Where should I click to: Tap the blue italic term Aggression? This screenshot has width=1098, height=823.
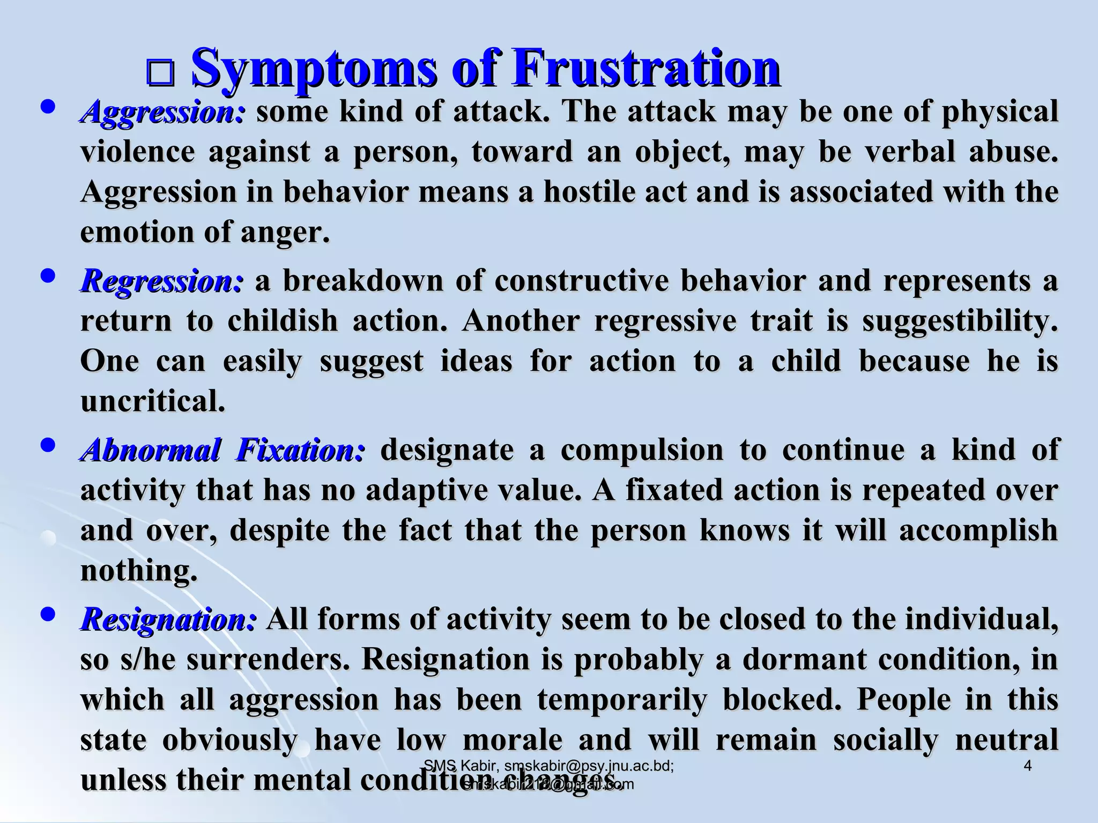pyautogui.click(x=162, y=112)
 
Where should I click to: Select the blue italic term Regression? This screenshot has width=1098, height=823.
pyautogui.click(x=161, y=281)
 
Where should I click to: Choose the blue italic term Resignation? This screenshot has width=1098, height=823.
pyautogui.click(x=168, y=620)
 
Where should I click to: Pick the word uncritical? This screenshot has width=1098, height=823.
pyautogui.click(x=153, y=401)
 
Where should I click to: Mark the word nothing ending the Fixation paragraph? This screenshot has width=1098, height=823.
pyautogui.click(x=138, y=571)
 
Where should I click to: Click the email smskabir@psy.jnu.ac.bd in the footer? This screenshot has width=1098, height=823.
pyautogui.click(x=588, y=766)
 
